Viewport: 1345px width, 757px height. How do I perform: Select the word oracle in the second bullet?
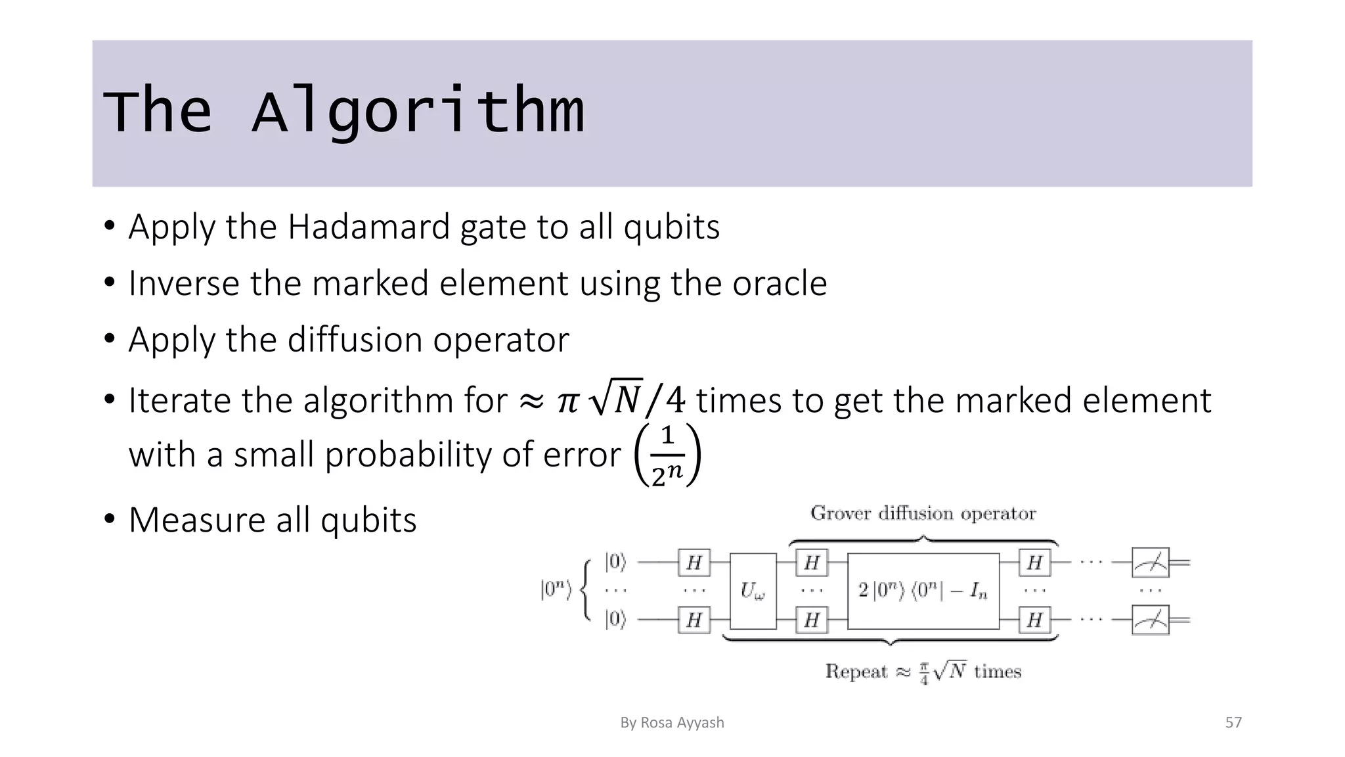point(780,284)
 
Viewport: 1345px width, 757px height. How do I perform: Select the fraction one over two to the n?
point(667,455)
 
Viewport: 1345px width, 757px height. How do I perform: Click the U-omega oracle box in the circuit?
point(753,591)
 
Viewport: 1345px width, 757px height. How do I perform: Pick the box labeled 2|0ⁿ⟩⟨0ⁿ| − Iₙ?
point(923,591)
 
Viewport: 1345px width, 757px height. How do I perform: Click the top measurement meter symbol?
point(1150,562)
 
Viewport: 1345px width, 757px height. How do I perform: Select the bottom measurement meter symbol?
point(1150,620)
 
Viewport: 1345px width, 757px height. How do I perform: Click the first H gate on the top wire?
point(694,562)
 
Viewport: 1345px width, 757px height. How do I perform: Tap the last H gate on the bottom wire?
point(1034,620)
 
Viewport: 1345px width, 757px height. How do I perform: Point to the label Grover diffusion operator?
point(923,513)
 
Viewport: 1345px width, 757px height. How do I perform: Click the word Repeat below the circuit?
point(856,672)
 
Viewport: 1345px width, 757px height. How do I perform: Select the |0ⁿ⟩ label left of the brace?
point(556,589)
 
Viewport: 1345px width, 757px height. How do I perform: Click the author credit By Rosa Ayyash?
point(672,723)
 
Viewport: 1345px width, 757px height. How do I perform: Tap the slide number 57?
point(1233,723)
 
